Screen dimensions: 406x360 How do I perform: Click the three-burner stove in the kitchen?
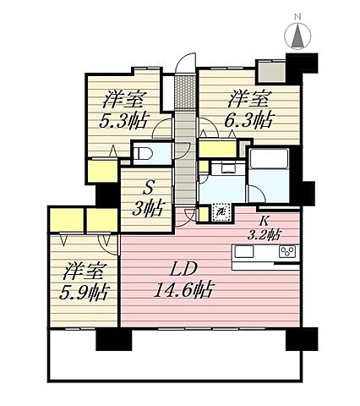click(288, 252)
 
